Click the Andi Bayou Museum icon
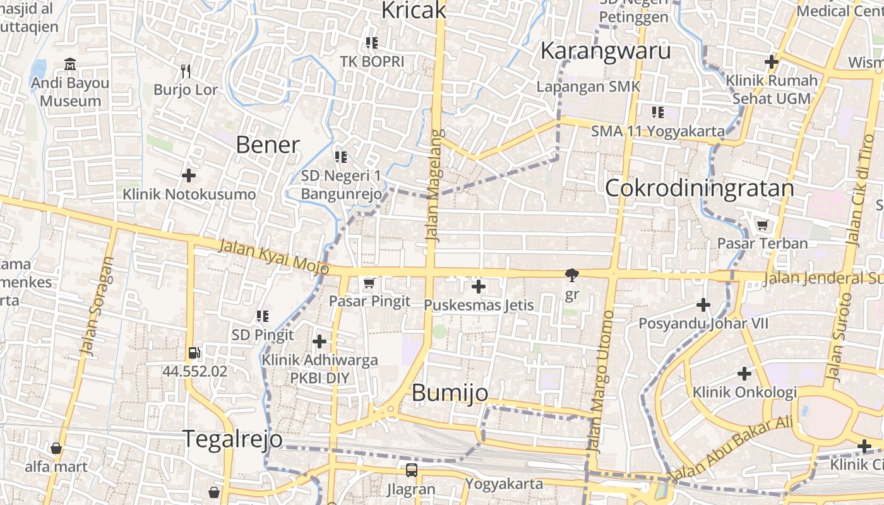coord(70,64)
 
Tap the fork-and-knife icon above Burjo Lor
coord(185,71)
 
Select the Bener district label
coord(267,145)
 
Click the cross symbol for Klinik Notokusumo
coord(188,175)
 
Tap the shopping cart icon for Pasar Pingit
coord(369,283)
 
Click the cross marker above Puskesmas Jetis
coord(479,287)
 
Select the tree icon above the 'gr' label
coord(572,275)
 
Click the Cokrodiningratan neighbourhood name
coord(699,188)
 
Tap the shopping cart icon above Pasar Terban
coord(762,225)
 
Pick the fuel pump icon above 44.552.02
coord(194,353)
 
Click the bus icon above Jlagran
coord(411,470)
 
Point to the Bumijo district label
coord(450,393)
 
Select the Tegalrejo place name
coord(232,438)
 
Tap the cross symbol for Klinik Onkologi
coord(744,374)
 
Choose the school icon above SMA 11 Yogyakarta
coord(657,112)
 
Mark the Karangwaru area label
coord(605,50)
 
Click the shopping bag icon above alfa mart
coord(56,448)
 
